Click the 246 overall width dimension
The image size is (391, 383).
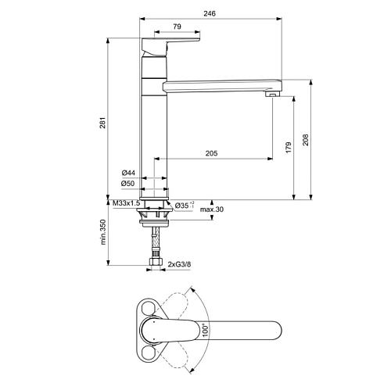click(x=210, y=13)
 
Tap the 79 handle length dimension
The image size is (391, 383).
click(x=177, y=27)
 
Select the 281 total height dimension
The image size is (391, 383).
click(x=102, y=123)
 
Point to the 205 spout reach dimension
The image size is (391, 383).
click(x=211, y=153)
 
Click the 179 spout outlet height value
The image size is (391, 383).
click(x=289, y=148)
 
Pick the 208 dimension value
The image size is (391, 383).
click(x=306, y=140)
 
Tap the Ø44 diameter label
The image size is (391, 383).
click(x=128, y=173)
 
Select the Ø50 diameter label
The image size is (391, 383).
click(x=128, y=184)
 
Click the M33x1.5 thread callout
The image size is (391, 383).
click(x=127, y=203)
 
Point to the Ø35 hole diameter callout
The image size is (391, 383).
click(x=185, y=206)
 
